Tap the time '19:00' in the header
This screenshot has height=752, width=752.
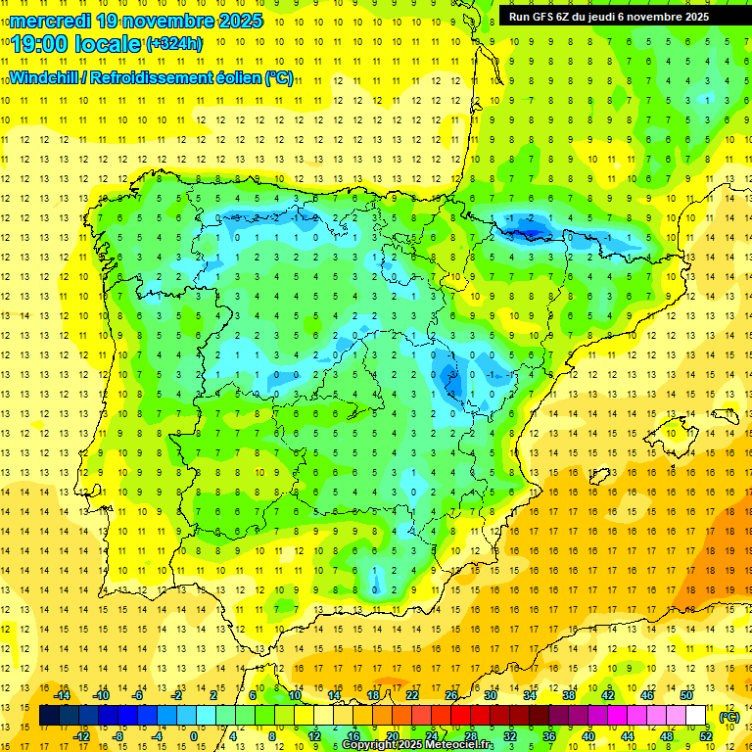pyautogui.click(x=40, y=43)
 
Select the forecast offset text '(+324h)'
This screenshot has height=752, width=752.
pyautogui.click(x=174, y=43)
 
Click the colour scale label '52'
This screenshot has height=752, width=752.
pyautogui.click(x=706, y=736)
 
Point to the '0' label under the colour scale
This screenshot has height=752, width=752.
pyautogui.click(x=193, y=736)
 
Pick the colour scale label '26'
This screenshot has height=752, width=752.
pyautogui.click(x=451, y=695)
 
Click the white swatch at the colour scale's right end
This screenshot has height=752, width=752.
pyautogui.click(x=696, y=716)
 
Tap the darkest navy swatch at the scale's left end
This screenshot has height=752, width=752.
pyautogui.click(x=49, y=716)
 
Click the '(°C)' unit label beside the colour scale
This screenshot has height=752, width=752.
pyautogui.click(x=729, y=716)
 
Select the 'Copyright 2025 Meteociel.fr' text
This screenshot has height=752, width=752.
pyautogui.click(x=417, y=745)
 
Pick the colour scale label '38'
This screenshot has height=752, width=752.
pyautogui.click(x=569, y=695)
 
